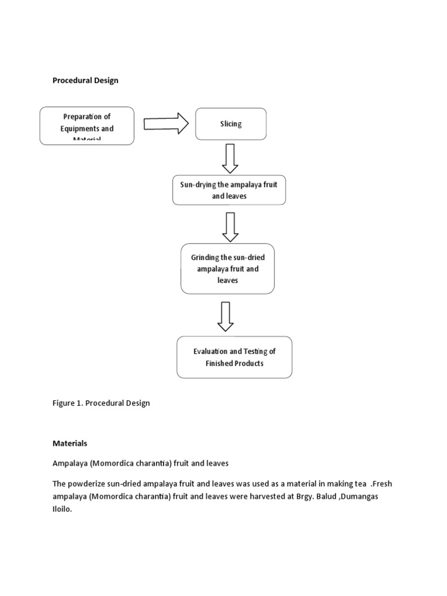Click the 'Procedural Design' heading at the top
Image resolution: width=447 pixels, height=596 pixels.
pos(85,80)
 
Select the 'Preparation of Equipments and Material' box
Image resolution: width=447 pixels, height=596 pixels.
pos(87,126)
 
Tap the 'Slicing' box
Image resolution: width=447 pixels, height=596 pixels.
pos(231,124)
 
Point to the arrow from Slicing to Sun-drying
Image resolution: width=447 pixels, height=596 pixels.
pos(230,158)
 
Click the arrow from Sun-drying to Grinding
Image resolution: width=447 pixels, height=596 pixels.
pos(230,226)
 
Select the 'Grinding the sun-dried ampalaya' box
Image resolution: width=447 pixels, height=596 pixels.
pos(227,268)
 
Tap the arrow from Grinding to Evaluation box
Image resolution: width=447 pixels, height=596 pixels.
pos(226,317)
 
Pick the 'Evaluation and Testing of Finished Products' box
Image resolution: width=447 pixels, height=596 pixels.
pos(235,357)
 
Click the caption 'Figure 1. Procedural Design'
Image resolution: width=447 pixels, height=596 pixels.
pos(101,403)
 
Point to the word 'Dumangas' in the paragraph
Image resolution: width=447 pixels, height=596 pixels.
pos(361,495)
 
